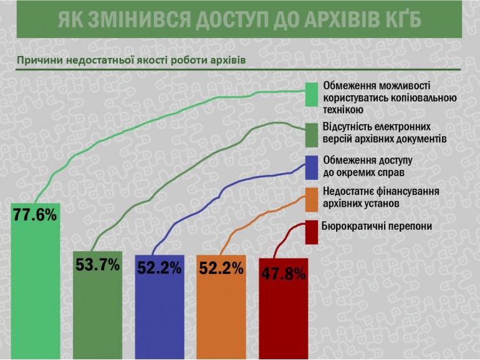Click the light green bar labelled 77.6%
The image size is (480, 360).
point(36,281)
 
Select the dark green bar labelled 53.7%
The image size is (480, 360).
point(98,305)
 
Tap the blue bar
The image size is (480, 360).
point(160,307)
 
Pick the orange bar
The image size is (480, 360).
point(221,307)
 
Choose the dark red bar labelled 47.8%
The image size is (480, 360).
point(284,308)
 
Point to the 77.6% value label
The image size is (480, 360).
point(35,215)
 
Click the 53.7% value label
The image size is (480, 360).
point(98,265)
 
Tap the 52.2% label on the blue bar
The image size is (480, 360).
point(160,268)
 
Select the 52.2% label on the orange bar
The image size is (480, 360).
point(221,268)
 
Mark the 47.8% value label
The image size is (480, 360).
point(284,274)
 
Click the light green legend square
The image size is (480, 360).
point(312,95)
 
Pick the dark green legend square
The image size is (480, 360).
point(312,135)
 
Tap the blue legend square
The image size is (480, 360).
point(312,168)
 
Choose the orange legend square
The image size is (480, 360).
point(312,200)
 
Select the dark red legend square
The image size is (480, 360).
point(312,232)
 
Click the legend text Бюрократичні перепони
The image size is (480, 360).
point(377,227)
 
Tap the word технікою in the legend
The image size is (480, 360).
point(343,110)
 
